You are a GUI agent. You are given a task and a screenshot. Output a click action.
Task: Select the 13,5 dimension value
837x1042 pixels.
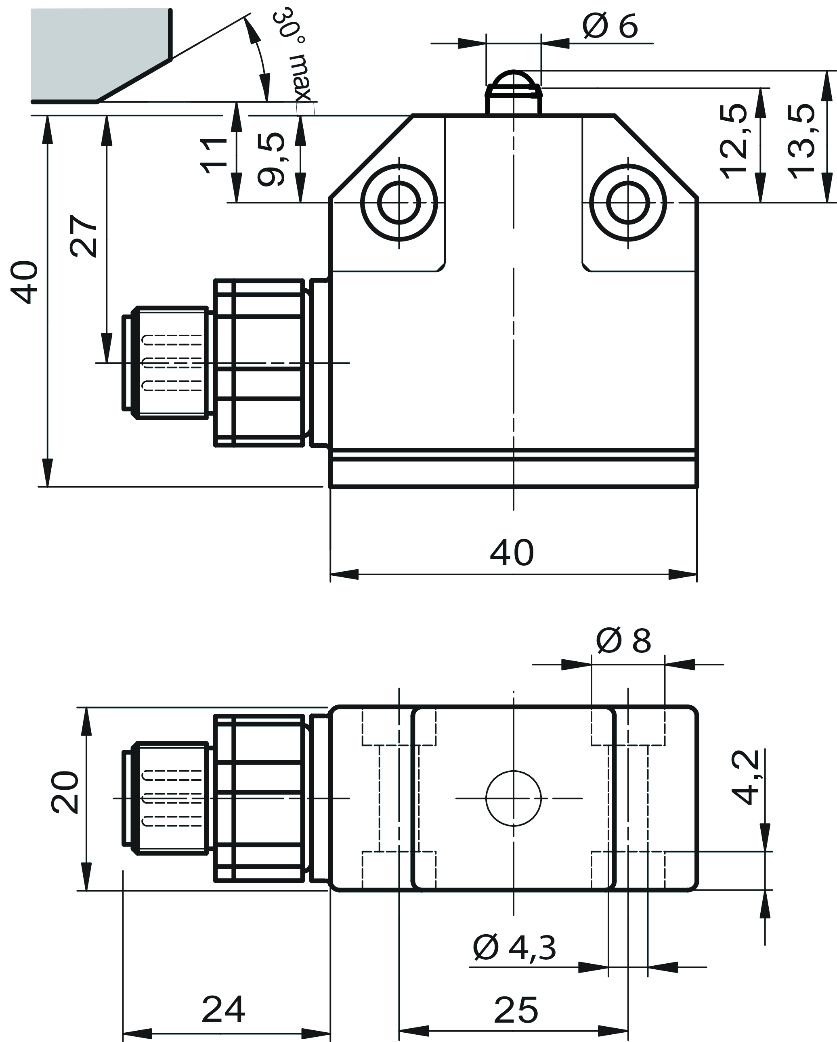click(801, 142)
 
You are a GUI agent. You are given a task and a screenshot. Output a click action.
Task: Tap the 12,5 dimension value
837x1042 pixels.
click(734, 142)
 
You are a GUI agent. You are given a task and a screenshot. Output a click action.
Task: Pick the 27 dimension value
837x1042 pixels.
click(84, 236)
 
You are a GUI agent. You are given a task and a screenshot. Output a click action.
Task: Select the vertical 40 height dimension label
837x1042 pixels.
click(25, 282)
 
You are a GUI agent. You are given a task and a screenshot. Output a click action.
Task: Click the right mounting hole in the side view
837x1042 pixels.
click(628, 203)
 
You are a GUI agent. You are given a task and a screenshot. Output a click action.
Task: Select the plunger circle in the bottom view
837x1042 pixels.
click(513, 799)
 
